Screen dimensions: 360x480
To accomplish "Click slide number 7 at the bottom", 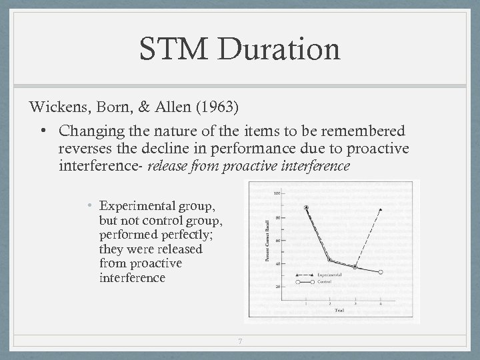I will click(x=240, y=343).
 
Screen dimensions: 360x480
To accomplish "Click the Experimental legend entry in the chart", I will click(x=330, y=275).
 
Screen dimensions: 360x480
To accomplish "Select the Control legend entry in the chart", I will click(x=325, y=281).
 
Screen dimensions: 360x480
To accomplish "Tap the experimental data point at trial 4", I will click(x=381, y=209).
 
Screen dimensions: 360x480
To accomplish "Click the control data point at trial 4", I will click(x=381, y=272).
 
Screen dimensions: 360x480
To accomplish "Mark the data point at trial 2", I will click(x=330, y=260).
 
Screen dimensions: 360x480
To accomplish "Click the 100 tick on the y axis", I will click(x=276, y=193).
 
